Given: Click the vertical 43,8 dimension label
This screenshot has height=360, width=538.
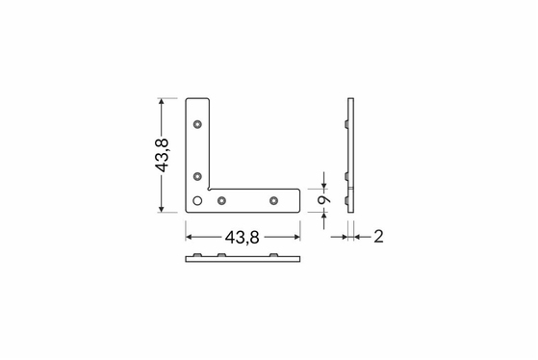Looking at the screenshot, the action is coord(162,155).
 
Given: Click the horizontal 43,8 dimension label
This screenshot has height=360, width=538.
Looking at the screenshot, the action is coord(243,237).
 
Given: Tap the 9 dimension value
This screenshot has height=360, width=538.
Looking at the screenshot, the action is coord(323,200).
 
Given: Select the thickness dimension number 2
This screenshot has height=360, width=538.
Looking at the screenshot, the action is coord(378,237).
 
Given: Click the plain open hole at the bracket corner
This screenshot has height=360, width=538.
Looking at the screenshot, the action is coord(197,200).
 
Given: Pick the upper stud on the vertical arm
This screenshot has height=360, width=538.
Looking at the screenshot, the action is coord(197,124).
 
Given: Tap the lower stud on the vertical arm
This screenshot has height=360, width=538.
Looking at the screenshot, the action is coord(197,176).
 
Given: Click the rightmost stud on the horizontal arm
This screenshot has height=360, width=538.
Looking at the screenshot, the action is coord(273,200).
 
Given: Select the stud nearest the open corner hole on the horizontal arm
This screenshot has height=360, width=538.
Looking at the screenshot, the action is coord(222,200).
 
